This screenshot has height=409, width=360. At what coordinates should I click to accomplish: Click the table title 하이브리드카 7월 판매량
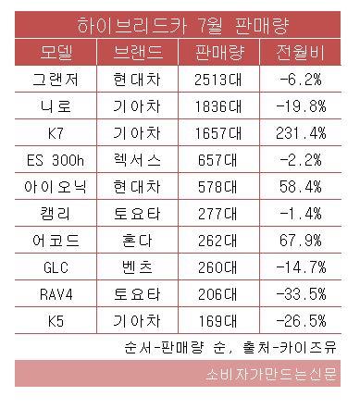pos(179,21)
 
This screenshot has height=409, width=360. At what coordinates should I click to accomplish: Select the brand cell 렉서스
pos(136,159)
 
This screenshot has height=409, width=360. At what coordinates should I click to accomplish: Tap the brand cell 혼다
pos(136,240)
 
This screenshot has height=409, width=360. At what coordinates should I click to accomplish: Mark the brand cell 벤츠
pos(136,266)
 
